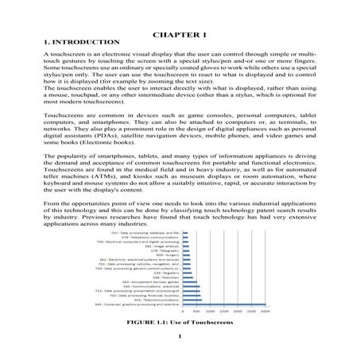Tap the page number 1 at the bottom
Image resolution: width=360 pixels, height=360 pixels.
[180, 345]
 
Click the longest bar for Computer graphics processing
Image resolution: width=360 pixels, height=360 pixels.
[230, 304]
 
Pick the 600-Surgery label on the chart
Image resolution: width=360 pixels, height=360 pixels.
[168, 254]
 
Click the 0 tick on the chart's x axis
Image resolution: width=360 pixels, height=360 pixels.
[184, 312]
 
